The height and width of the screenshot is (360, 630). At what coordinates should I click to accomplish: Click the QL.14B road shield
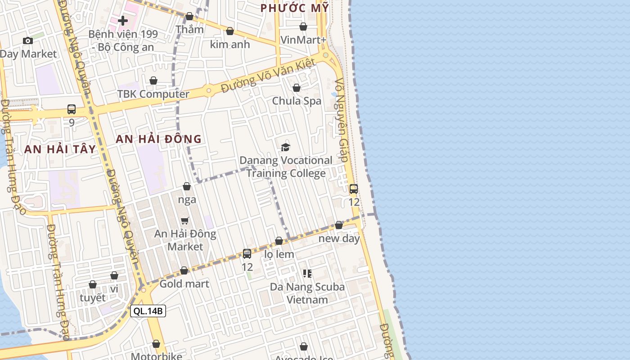(148, 310)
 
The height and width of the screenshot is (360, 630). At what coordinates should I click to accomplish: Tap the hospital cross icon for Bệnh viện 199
(123, 21)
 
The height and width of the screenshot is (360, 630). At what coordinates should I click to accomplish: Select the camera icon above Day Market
(28, 41)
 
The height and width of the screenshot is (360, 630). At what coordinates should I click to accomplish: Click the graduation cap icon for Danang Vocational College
(285, 147)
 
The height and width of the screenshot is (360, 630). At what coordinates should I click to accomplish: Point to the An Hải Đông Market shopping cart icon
(185, 220)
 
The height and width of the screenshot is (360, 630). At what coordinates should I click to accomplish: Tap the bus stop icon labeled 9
(72, 109)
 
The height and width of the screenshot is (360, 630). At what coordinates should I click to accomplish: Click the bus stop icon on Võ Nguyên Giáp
(354, 189)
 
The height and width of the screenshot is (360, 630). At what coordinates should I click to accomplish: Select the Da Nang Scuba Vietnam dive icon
(307, 274)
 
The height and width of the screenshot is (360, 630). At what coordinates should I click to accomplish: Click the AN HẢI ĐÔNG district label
(158, 139)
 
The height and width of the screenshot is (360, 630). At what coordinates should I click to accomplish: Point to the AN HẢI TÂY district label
(60, 149)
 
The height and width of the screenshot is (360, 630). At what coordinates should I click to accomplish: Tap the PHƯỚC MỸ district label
(295, 8)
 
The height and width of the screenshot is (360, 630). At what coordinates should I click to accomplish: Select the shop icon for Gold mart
(184, 271)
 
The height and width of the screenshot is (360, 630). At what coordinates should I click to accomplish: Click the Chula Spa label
(297, 101)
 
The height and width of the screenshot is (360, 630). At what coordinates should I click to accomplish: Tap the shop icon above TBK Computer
(153, 81)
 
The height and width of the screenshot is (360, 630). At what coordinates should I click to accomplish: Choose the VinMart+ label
(303, 40)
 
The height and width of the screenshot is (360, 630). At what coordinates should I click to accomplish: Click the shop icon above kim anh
(230, 31)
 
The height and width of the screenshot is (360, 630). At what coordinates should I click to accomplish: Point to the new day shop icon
(339, 225)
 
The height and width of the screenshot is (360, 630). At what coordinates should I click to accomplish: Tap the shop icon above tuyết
(93, 285)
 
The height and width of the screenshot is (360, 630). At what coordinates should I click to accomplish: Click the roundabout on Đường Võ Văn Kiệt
(208, 90)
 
